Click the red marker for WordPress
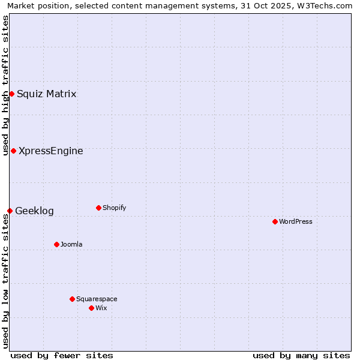pyautogui.click(x=275, y=221)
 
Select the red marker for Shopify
pyautogui.click(x=98, y=208)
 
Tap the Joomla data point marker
pyautogui.click(x=56, y=244)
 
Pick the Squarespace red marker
pyautogui.click(x=72, y=299)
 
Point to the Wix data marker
pyautogui.click(x=91, y=308)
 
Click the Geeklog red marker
pyautogui.click(x=10, y=211)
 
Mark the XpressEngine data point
pyautogui.click(x=13, y=151)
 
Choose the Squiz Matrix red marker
pyautogui.click(x=11, y=94)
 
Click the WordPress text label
pyautogui.click(x=295, y=221)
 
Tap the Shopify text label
pyautogui.click(x=114, y=208)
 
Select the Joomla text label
pyautogui.click(x=71, y=244)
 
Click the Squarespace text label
pyautogui.click(x=97, y=299)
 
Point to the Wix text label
pyautogui.click(x=101, y=308)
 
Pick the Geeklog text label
pyautogui.click(x=34, y=211)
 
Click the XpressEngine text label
pyautogui.click(x=51, y=151)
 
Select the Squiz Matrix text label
pyautogui.click(x=47, y=94)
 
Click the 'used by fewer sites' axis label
pyautogui.click(x=62, y=355)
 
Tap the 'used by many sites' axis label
pyautogui.click(x=301, y=355)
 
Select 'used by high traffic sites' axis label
pyautogui.click(x=5, y=85)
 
